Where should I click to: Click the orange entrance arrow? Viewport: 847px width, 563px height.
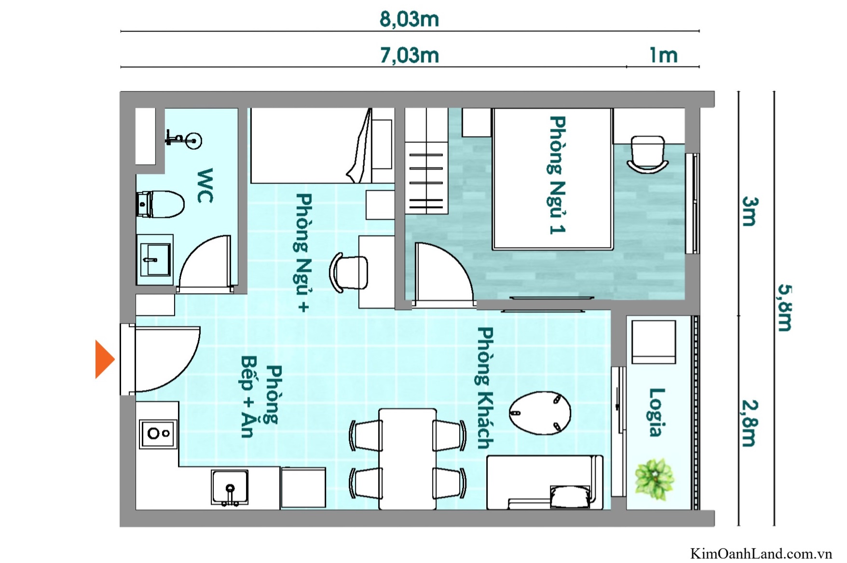pyautogui.click(x=104, y=359)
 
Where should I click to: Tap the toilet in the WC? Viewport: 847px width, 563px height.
pyautogui.click(x=162, y=204)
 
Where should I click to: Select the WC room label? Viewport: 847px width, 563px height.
pyautogui.click(x=205, y=186)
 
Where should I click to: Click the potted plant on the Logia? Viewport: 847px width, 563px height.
pyautogui.click(x=654, y=479)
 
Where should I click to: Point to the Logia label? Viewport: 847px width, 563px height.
pyautogui.click(x=656, y=412)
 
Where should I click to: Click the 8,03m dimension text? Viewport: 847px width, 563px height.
pyautogui.click(x=409, y=19)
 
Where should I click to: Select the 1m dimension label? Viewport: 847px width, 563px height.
pyautogui.click(x=663, y=55)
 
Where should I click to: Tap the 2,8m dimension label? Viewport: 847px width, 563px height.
pyautogui.click(x=749, y=423)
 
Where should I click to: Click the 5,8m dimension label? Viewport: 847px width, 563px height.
pyautogui.click(x=784, y=307)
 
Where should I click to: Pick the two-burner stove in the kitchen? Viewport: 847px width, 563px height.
pyautogui.click(x=158, y=433)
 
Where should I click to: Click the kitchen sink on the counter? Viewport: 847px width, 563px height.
pyautogui.click(x=230, y=487)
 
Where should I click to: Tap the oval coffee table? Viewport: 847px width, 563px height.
pyautogui.click(x=540, y=413)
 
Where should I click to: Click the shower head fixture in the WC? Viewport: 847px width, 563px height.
pyautogui.click(x=184, y=140)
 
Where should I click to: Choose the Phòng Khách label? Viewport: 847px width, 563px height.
pyautogui.click(x=485, y=388)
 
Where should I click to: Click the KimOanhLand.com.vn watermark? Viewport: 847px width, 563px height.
pyautogui.click(x=761, y=553)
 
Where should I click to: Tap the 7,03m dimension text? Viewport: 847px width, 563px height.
pyautogui.click(x=409, y=55)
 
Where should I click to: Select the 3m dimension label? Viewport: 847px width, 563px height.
pyautogui.click(x=749, y=211)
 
